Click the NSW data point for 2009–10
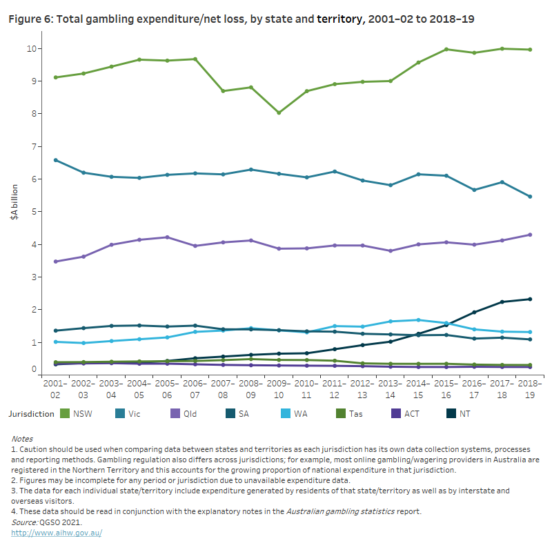point(278,112)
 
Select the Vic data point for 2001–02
point(55,160)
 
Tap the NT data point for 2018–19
point(529,299)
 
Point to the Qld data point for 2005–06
point(167,237)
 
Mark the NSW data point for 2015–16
point(446,49)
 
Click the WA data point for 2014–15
point(417,319)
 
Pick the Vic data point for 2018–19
point(529,197)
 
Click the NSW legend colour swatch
point(66,414)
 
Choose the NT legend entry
point(459,414)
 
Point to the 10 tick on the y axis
point(32,48)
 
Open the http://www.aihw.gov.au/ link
point(57,533)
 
